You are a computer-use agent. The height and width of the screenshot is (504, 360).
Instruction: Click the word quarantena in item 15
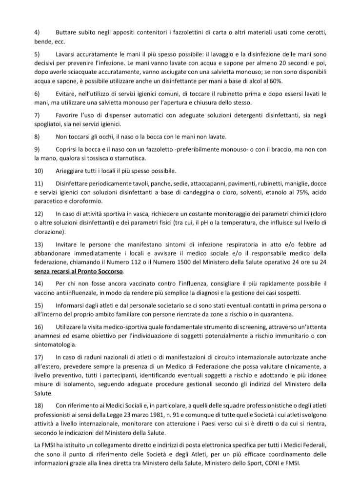pos(303,314)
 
